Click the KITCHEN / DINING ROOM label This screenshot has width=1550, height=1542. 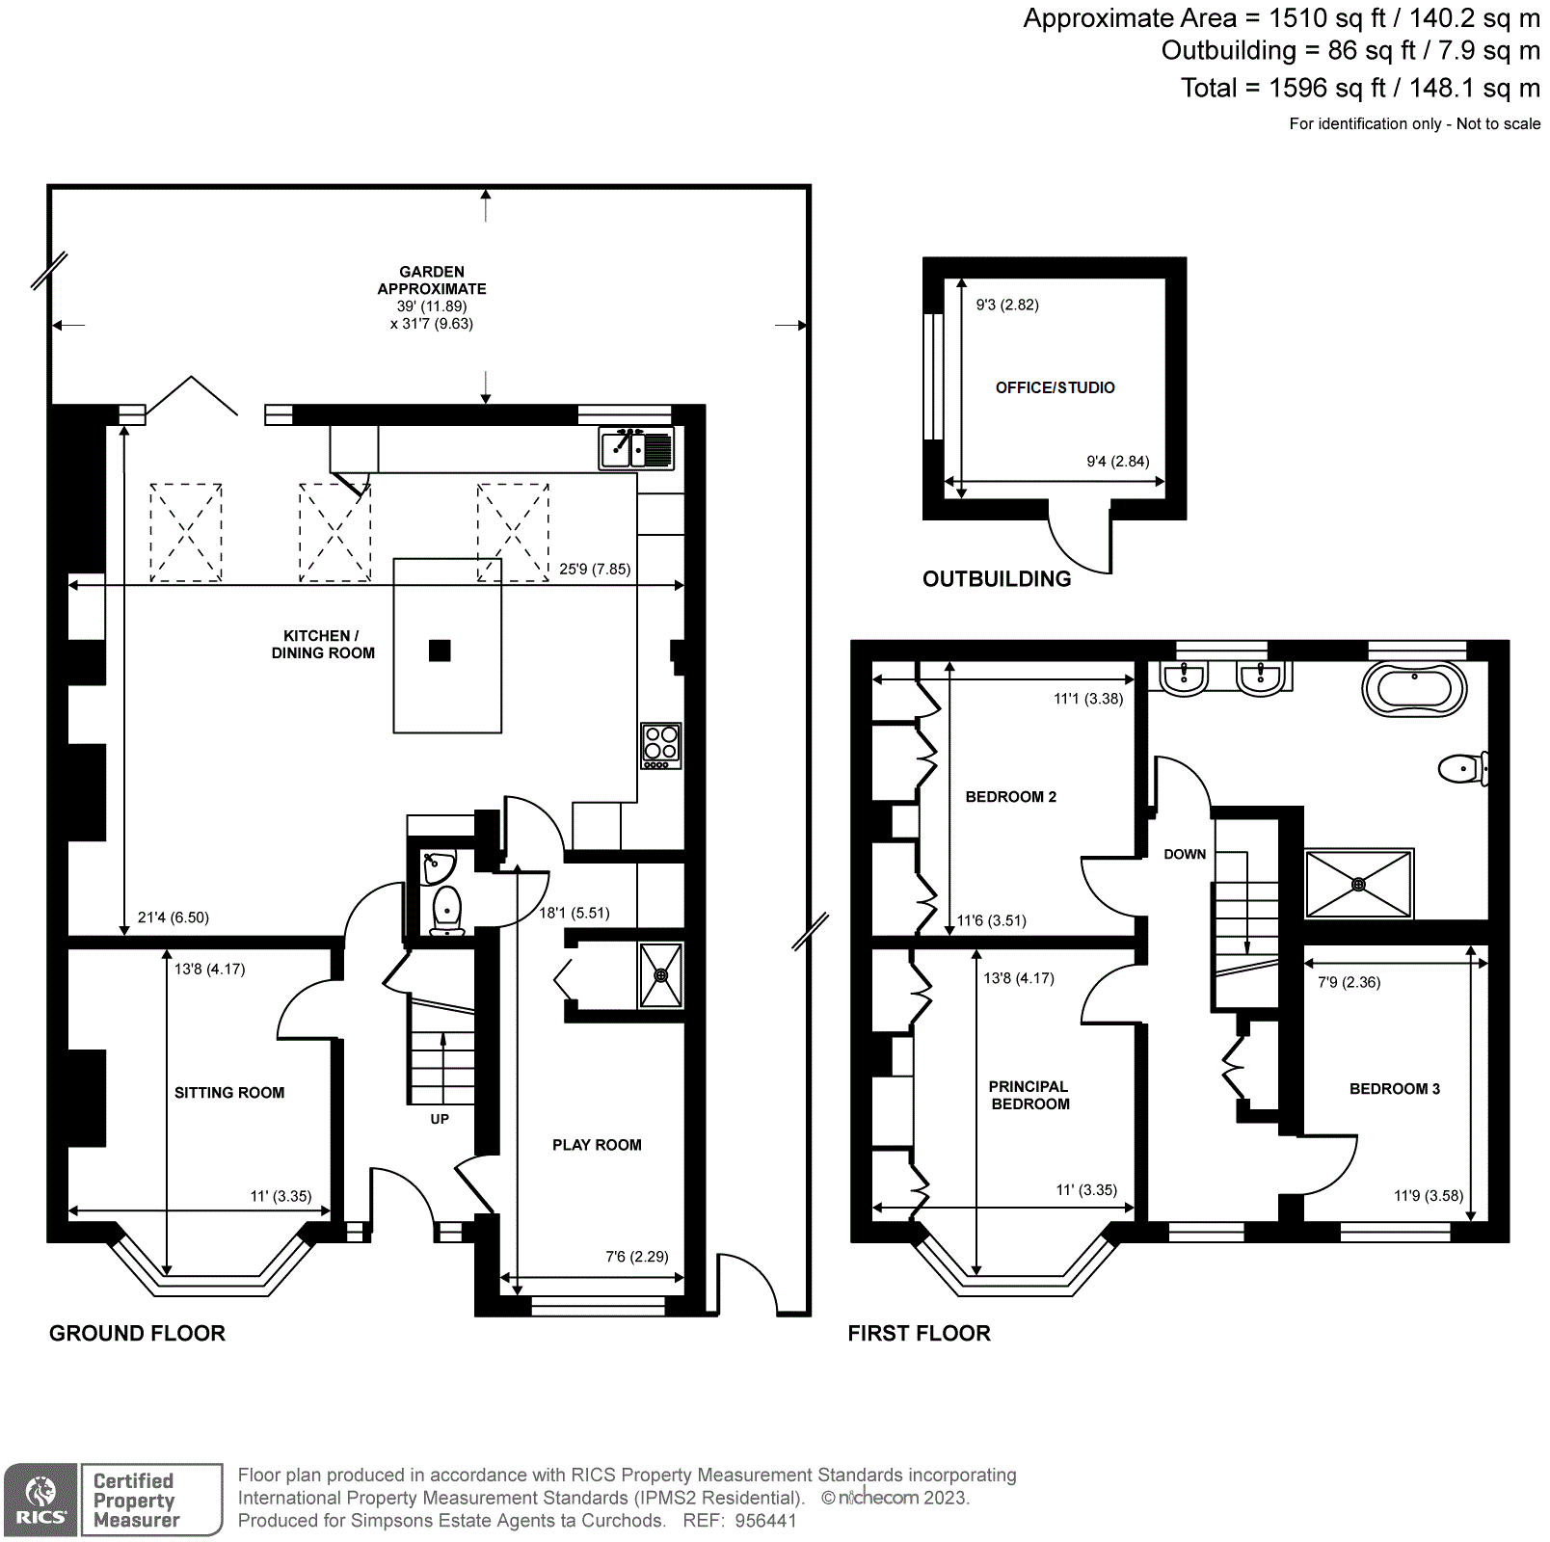tap(322, 644)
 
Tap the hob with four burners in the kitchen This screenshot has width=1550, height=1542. tap(661, 745)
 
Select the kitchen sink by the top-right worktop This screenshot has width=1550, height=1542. tap(636, 448)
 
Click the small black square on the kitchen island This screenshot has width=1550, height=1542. tap(440, 651)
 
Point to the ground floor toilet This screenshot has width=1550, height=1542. tap(446, 909)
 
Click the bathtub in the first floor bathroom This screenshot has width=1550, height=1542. tap(1414, 689)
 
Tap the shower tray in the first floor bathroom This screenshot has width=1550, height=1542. tap(1358, 884)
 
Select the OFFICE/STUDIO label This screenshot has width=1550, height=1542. tap(1055, 387)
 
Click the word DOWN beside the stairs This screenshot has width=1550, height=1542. tap(1185, 854)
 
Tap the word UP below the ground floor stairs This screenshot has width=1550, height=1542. tap(440, 1119)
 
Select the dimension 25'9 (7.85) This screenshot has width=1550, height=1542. tap(595, 569)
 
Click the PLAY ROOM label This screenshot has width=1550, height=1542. tap(597, 1145)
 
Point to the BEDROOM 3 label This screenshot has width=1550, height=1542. tap(1394, 1088)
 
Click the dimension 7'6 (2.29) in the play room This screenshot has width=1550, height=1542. tap(636, 1256)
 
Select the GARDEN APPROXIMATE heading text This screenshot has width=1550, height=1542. tap(432, 280)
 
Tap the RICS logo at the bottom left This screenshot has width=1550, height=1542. tap(40, 1500)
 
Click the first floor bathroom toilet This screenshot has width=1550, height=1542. tap(1462, 768)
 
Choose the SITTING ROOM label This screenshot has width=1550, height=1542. tap(229, 1092)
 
